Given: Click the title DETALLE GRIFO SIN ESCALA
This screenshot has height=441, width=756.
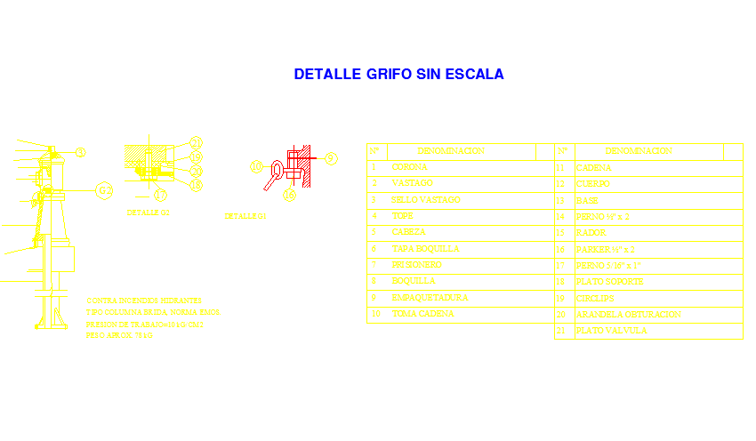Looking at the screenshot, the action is pos(398,75).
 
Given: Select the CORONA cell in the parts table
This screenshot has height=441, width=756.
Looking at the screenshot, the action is pos(409,167).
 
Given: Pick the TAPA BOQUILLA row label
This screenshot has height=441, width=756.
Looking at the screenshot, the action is pos(425,249).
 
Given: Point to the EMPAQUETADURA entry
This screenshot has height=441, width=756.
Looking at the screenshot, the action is pos(429,298).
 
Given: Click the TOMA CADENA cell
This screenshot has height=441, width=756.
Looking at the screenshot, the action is pos(422,314).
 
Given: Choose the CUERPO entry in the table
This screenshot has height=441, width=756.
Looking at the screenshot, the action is pos(593,184).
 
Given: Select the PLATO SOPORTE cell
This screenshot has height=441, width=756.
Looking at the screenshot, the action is pos(609,282).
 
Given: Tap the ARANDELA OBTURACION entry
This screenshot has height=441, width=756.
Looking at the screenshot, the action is pos(628,315).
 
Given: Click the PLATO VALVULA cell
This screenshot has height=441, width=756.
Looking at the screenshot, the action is pos(611,331).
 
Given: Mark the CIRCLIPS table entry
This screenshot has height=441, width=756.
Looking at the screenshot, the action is pos(595,299).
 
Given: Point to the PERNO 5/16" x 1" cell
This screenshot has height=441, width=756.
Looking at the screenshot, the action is pos(608,266).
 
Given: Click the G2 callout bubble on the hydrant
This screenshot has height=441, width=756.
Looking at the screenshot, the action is pos(104,190).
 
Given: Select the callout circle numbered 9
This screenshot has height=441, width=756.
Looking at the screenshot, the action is pos(332,158).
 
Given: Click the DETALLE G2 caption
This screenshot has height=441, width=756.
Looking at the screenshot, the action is pos(149,213).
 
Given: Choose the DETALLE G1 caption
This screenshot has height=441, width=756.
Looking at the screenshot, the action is pos(245,216).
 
